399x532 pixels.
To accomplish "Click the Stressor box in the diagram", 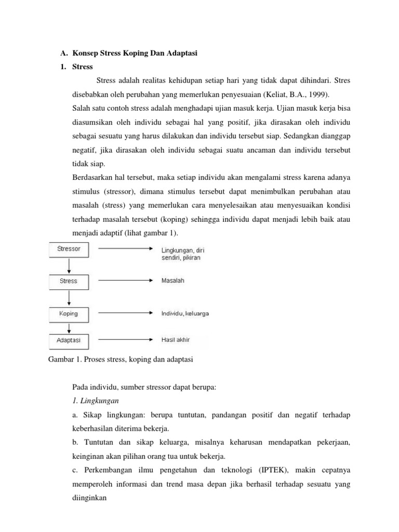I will (69, 249).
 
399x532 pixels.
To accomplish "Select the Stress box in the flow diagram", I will (69, 281).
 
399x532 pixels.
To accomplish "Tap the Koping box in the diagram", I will (69, 314).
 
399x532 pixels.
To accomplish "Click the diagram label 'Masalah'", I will (172, 281).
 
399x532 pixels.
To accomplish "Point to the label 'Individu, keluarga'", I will (185, 314).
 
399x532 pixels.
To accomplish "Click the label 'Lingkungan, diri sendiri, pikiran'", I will (182, 253).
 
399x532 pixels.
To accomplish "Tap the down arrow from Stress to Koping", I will (69, 298).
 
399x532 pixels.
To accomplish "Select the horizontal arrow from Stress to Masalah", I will (125, 281).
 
